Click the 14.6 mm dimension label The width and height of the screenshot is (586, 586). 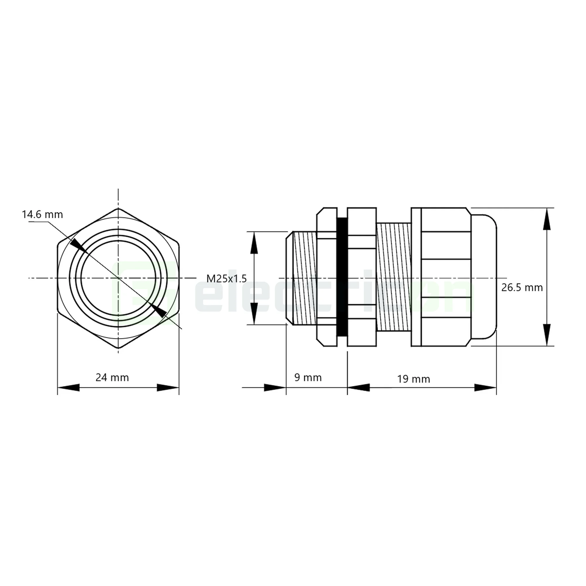(x=42, y=215)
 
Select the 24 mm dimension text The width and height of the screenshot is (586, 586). (x=112, y=378)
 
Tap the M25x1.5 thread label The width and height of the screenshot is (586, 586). (x=226, y=278)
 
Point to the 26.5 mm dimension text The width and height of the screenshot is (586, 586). (x=522, y=287)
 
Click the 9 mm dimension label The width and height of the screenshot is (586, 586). (x=308, y=378)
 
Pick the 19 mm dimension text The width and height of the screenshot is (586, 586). (x=414, y=379)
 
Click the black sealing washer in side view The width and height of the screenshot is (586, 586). (x=342, y=277)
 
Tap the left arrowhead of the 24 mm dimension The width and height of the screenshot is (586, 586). (x=69, y=388)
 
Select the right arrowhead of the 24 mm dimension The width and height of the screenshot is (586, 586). (x=168, y=388)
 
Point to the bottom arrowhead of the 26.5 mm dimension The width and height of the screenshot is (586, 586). (x=546, y=335)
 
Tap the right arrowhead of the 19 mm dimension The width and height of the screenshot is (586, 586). (x=485, y=387)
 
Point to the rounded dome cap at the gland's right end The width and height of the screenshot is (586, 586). (x=484, y=277)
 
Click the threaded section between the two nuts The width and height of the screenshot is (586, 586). (x=393, y=277)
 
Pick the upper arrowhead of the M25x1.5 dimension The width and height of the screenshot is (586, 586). (x=254, y=243)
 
